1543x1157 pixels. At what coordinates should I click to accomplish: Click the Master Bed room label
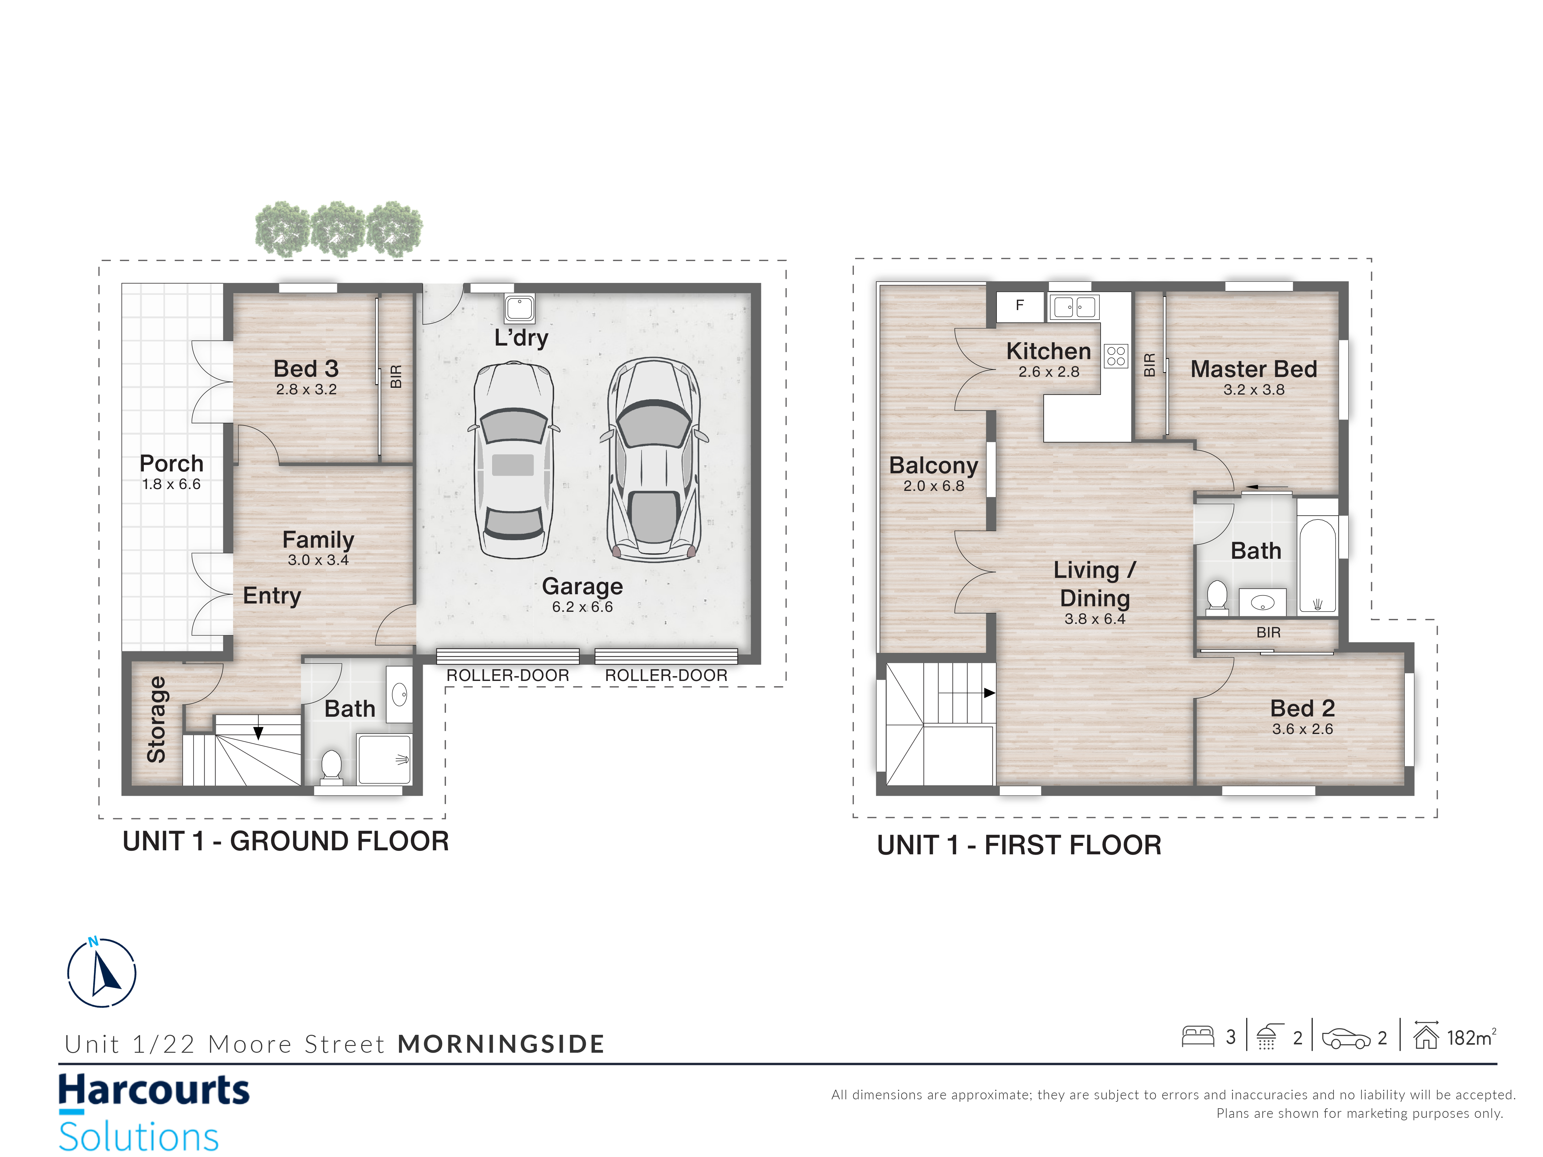click(1254, 369)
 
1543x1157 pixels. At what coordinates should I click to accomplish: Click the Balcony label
click(933, 465)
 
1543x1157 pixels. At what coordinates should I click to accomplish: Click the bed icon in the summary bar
click(1198, 1036)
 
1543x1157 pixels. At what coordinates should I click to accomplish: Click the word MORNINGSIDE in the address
click(501, 1044)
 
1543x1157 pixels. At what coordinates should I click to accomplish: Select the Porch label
click(172, 464)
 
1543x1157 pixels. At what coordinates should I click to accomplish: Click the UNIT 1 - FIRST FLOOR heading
click(1019, 845)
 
